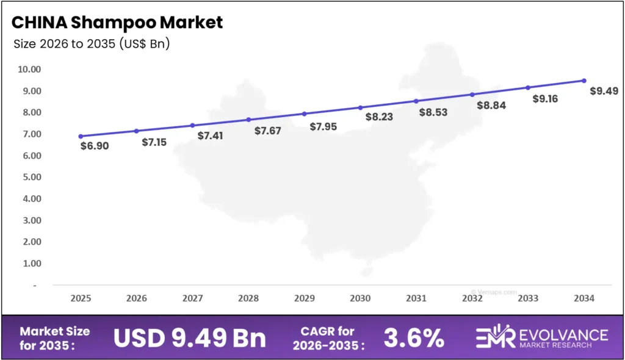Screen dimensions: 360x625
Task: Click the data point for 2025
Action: pyautogui.click(x=81, y=136)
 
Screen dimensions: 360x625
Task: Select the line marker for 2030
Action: pyautogui.click(x=360, y=107)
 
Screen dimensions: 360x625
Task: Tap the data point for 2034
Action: pyautogui.click(x=584, y=81)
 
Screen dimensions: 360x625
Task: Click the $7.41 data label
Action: pyautogui.click(x=210, y=135)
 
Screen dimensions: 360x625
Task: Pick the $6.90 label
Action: pyautogui.click(x=94, y=146)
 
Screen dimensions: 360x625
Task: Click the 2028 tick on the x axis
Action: pyautogui.click(x=248, y=298)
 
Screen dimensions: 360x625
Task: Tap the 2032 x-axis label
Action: pyautogui.click(x=472, y=298)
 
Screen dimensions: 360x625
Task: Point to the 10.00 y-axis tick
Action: pyautogui.click(x=29, y=70)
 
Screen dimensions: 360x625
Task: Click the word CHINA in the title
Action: pyautogui.click(x=38, y=23)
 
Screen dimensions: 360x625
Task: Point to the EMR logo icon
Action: pyautogui.click(x=495, y=338)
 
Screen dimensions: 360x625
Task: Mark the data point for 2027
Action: pyautogui.click(x=192, y=125)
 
